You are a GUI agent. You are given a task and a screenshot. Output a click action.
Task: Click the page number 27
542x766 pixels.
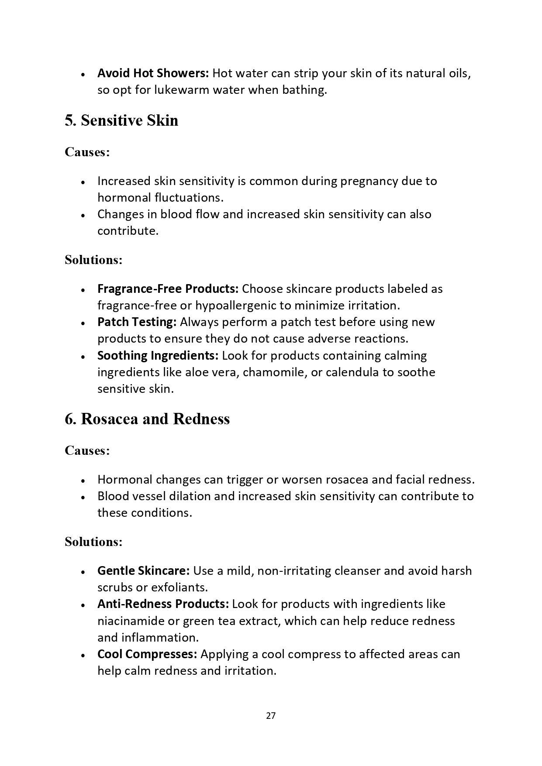270,715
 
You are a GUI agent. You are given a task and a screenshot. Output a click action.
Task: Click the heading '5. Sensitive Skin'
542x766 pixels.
121,120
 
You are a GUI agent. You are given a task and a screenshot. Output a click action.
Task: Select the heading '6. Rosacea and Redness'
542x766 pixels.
147,419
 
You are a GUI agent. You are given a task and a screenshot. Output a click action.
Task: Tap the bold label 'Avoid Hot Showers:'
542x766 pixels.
153,73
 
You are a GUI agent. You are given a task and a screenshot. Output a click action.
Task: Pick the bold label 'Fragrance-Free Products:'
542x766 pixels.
168,289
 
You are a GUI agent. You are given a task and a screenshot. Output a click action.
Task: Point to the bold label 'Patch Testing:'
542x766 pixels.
137,322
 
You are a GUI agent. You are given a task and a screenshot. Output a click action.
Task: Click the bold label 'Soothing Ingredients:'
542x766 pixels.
158,355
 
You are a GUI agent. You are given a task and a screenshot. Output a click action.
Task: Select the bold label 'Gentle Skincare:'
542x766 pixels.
143,571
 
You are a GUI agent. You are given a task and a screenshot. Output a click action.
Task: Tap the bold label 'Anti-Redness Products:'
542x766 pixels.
163,604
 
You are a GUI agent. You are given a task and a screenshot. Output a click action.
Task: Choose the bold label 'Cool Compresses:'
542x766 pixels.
147,654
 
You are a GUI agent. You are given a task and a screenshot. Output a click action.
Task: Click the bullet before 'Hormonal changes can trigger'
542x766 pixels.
83,481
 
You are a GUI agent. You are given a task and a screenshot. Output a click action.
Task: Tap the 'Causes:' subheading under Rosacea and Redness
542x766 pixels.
87,450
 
